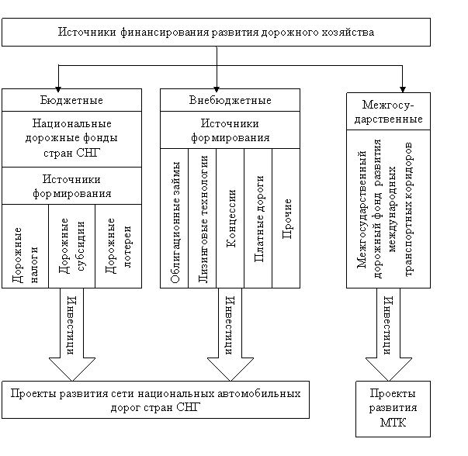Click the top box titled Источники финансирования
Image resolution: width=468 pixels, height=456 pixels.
coord(216,33)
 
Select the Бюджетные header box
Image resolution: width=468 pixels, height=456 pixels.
coord(71,100)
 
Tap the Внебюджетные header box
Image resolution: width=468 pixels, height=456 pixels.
coord(231,100)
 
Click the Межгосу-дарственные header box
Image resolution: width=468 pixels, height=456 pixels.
coord(388,111)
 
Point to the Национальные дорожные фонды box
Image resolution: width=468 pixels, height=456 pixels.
coord(71,140)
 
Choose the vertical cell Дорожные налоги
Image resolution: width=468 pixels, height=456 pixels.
coord(25,247)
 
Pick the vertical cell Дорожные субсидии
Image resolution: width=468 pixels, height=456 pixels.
coord(72,247)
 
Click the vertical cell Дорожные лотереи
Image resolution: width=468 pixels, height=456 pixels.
coord(119,247)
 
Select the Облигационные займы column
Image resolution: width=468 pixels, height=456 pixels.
coord(175,219)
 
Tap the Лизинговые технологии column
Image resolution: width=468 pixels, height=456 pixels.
coord(203,219)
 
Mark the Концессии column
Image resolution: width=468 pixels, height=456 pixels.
coord(231,219)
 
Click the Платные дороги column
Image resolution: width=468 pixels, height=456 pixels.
coord(258,219)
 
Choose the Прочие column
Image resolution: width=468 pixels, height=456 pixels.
coord(286,219)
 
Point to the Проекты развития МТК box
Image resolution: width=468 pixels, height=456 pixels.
coord(393,409)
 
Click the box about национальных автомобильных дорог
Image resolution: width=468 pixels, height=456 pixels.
coord(155,399)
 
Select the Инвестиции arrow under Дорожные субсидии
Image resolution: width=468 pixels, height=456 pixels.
coord(72,334)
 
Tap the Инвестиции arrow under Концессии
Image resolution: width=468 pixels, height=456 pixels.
coord(231,334)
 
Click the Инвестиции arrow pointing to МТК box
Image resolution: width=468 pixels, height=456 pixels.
coord(389,334)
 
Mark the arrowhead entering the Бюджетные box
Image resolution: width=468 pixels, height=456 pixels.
coord(58,89)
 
